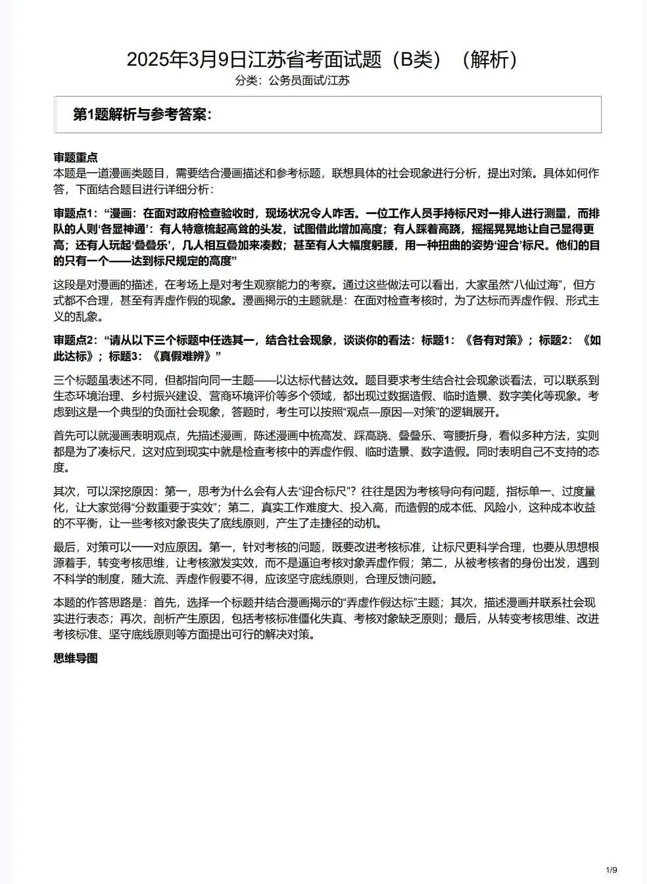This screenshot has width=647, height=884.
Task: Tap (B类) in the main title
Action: [x=418, y=60]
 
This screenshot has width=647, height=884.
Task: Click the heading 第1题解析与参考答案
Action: [x=142, y=115]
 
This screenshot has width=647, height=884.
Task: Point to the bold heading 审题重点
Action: [x=76, y=158]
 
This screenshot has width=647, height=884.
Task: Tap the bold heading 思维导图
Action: [x=76, y=658]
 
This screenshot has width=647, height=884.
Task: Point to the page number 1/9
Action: [x=611, y=871]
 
